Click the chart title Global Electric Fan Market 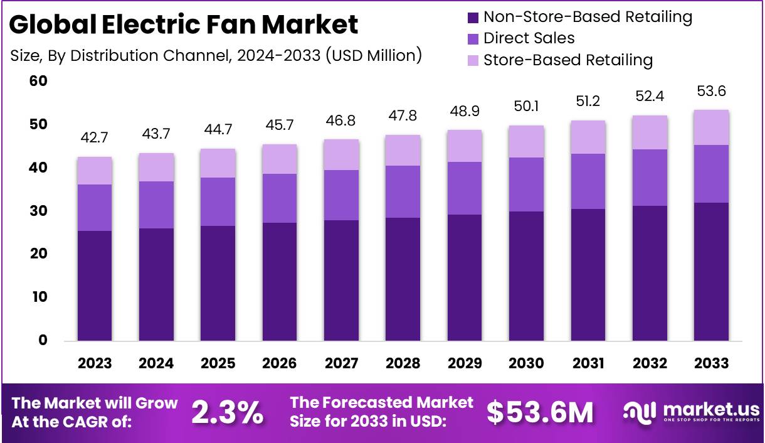[184, 25]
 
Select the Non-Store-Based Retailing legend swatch [474, 17]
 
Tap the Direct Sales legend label [529, 38]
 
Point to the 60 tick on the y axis [38, 82]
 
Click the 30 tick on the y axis [38, 211]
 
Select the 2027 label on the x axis [342, 363]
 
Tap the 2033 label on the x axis [712, 363]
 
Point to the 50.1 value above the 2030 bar [526, 107]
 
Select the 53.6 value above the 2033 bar [712, 92]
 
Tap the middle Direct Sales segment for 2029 [465, 188]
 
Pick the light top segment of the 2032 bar [650, 132]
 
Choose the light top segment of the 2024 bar [156, 168]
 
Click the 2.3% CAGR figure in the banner [227, 412]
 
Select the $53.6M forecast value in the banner [540, 412]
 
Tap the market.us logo [691, 412]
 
